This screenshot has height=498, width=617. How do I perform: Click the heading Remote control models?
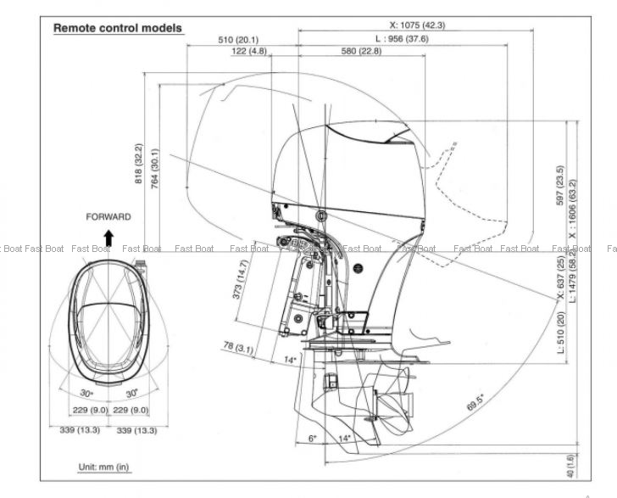coord(118,28)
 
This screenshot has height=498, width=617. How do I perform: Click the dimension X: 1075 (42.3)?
coord(429,25)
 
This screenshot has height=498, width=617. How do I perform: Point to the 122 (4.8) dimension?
coord(249,52)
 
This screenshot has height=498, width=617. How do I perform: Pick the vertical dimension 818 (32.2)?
coord(139,164)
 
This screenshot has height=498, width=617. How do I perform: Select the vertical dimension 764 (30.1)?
coord(155,170)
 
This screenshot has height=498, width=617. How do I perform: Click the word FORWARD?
coord(108,217)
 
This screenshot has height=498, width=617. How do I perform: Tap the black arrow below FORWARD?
coord(108,236)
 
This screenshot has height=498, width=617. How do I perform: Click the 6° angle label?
coord(312,439)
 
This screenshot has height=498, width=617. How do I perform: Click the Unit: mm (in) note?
coord(103,467)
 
